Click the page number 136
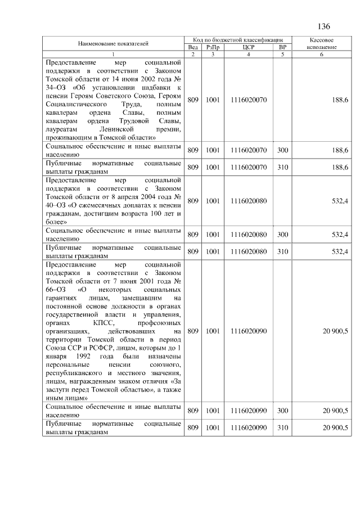point(323,27)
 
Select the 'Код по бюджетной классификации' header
point(237,40)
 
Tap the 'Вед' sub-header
point(192,47)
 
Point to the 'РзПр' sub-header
point(212,47)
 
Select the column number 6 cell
point(323,54)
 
